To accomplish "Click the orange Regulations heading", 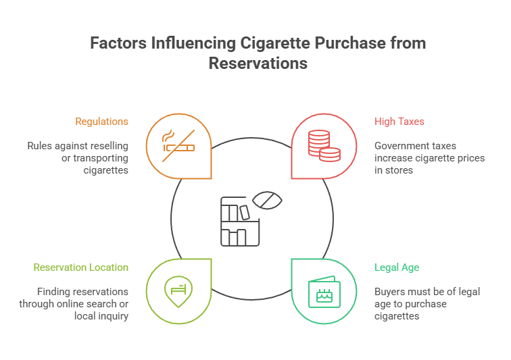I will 101,122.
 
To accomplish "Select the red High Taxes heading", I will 399,122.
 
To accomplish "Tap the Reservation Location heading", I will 81,267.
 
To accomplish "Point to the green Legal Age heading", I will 397,267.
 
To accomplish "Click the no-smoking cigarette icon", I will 178,144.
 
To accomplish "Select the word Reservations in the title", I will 258,63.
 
